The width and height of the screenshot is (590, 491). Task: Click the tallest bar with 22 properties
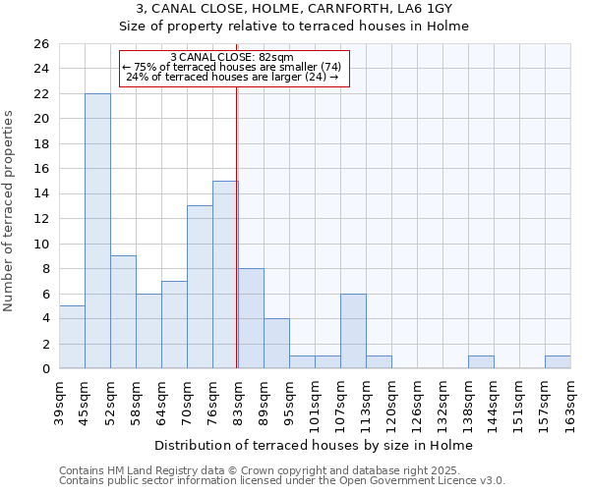pos(97,231)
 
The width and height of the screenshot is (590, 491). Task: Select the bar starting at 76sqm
pos(225,275)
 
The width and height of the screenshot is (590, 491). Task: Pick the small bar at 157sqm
pos(558,362)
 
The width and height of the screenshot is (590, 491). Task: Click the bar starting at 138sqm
pos(481,362)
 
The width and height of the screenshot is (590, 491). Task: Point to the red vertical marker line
pos(237,226)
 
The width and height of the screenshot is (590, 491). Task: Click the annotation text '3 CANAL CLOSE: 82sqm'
pos(232,57)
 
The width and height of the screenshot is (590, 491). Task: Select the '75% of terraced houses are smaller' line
pos(232,67)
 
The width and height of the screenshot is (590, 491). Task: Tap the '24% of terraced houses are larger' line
pos(232,77)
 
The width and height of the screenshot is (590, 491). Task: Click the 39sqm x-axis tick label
pos(59,400)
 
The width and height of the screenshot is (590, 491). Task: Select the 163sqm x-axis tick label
pos(570,400)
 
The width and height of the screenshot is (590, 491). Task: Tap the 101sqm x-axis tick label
pos(315,400)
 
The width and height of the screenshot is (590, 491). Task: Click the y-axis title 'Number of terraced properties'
pos(10,210)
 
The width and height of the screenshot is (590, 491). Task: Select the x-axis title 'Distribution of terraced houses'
pos(314,445)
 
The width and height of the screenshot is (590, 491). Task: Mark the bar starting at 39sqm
pos(72,337)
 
